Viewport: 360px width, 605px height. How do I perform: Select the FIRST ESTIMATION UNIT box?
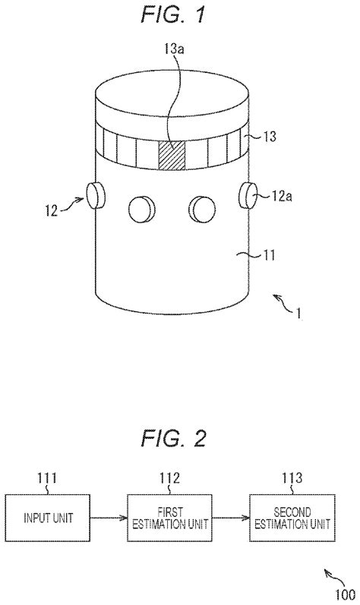coord(168,515)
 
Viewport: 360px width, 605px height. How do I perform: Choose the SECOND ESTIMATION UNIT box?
coord(291,515)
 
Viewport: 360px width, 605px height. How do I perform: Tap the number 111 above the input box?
coord(46,477)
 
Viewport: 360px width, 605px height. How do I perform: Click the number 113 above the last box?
coord(291,477)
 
